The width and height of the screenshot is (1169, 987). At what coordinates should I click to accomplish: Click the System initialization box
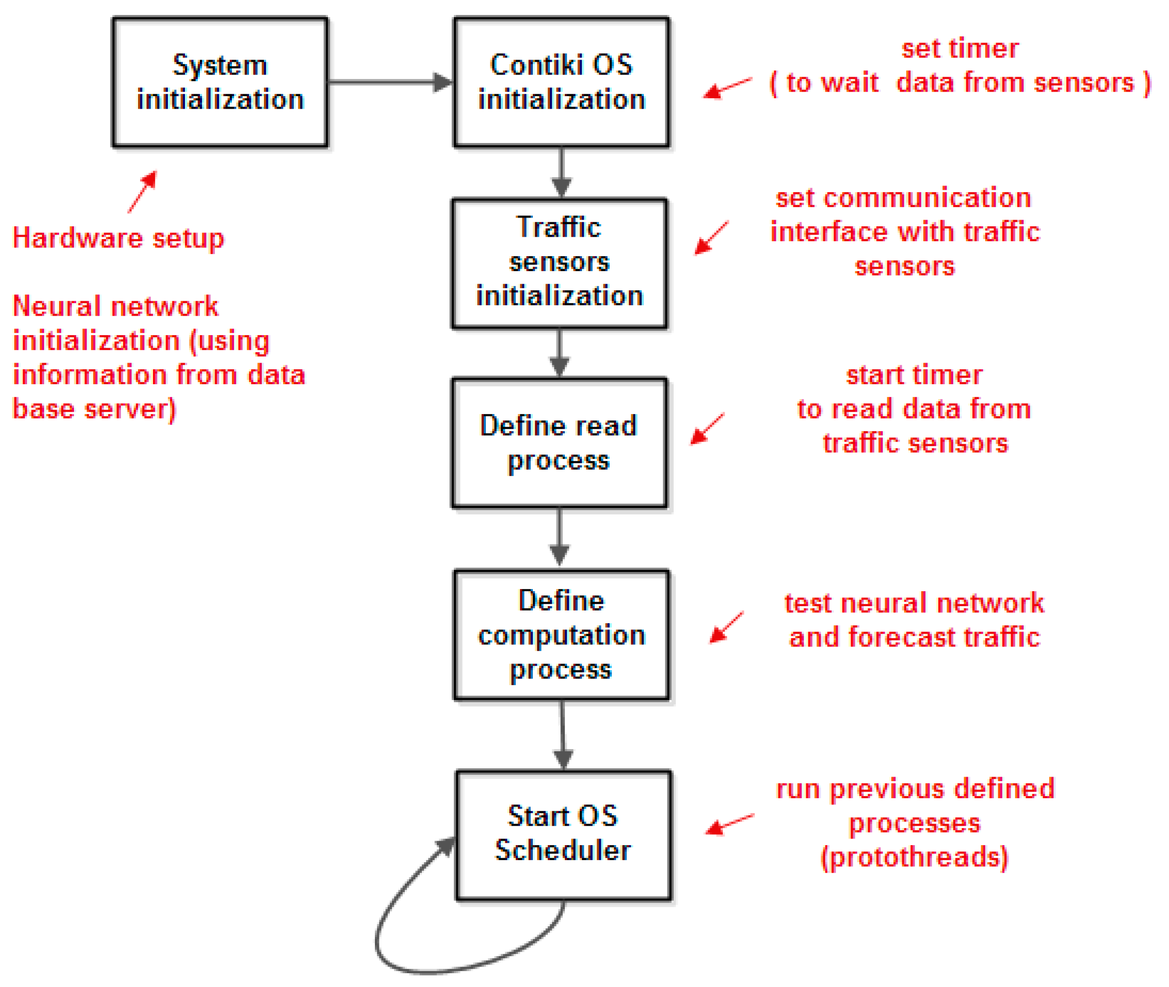coord(219,82)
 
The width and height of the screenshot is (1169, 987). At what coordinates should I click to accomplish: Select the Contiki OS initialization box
coord(560,82)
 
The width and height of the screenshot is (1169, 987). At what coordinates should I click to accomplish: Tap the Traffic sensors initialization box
coord(559,262)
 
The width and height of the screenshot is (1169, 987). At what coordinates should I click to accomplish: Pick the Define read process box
coord(559,443)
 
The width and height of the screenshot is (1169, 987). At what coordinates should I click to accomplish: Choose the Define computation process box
coord(560,634)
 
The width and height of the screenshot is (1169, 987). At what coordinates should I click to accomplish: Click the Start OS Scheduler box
coord(562,834)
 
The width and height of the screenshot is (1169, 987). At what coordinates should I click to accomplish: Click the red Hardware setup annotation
coord(118,238)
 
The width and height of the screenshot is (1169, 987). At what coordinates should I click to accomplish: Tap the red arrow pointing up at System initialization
coord(142,192)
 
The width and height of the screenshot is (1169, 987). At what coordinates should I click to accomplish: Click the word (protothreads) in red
coord(914,858)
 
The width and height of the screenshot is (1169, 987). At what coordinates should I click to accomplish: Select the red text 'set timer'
coord(959,49)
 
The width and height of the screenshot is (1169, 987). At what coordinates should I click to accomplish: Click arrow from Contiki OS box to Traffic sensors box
coord(561,172)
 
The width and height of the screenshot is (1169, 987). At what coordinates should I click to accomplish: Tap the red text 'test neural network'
coord(913,603)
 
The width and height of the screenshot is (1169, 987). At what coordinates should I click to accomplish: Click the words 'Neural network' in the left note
coord(115,306)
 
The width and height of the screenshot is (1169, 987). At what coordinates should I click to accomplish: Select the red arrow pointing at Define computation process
coord(726,627)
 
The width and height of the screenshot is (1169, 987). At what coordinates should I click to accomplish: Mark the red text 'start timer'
coord(913,375)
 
